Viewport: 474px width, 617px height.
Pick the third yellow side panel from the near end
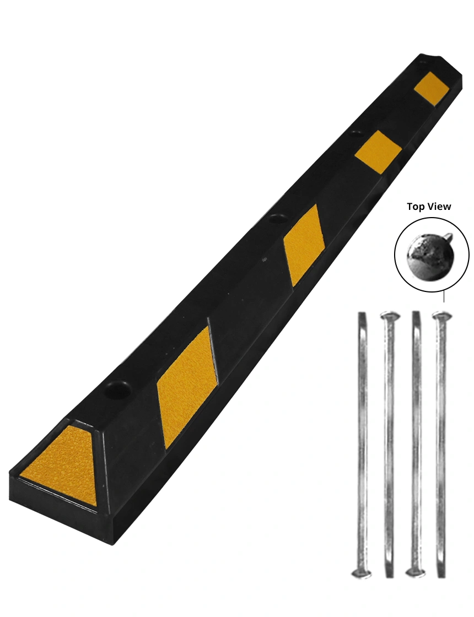(x=378, y=151)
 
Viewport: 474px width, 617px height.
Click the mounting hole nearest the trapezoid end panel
(x=120, y=389)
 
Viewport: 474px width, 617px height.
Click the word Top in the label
(x=417, y=207)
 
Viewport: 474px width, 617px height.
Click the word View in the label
(x=440, y=207)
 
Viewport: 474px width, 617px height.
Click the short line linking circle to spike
(x=444, y=297)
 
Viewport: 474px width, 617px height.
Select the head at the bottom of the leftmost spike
(x=361, y=573)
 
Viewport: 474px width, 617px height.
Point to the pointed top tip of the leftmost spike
(x=362, y=314)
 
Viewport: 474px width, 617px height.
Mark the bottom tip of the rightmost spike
(x=441, y=576)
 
